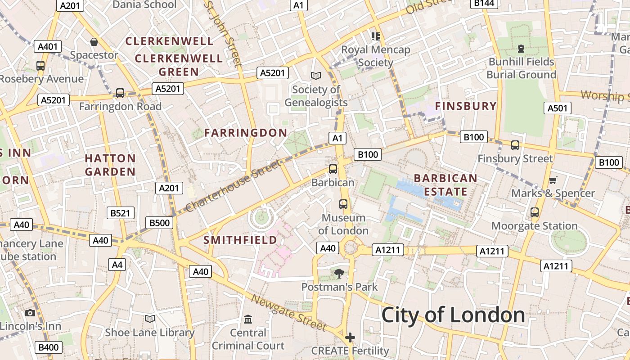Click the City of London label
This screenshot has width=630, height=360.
click(453, 315)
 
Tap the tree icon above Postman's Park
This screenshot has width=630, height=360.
click(339, 273)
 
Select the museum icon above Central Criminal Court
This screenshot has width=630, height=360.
click(248, 319)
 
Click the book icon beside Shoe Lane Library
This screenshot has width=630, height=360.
click(150, 319)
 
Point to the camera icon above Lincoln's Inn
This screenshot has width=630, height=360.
click(30, 313)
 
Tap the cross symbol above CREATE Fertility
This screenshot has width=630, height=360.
click(350, 337)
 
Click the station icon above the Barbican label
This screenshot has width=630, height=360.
click(333, 169)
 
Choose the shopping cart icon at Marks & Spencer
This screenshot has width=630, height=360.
click(553, 180)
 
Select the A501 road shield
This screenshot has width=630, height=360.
click(558, 108)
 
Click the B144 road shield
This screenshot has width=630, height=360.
click(484, 4)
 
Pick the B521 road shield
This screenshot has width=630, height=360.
click(121, 213)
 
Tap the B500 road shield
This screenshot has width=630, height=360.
click(159, 222)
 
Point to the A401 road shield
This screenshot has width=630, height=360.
click(47, 46)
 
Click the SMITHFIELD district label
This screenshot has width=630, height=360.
click(240, 240)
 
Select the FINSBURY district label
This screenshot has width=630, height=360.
click(466, 106)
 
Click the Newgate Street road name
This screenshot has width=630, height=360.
click(288, 312)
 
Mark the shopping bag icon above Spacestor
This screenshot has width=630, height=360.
click(94, 42)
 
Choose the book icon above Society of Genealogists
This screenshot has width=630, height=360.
click(316, 76)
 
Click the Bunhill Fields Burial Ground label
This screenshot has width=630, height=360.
click(521, 68)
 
